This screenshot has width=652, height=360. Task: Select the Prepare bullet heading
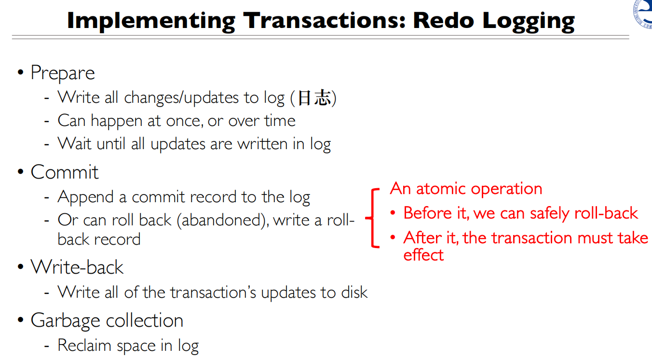pyautogui.click(x=63, y=73)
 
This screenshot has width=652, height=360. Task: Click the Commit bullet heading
pyautogui.click(x=65, y=172)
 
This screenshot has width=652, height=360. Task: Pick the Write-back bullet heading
pyautogui.click(x=77, y=267)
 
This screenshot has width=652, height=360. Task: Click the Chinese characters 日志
pyautogui.click(x=314, y=97)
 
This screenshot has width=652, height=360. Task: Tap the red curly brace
pyautogui.click(x=373, y=218)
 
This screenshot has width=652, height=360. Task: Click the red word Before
pyautogui.click(x=428, y=213)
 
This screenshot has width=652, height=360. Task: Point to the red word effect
pyautogui.click(x=423, y=255)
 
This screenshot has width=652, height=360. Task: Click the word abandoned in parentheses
pyautogui.click(x=223, y=220)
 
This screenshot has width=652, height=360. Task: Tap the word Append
pyautogui.click(x=85, y=197)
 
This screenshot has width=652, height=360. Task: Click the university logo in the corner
pyautogui.click(x=643, y=14)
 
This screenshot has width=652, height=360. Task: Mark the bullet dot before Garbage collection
pyautogui.click(x=20, y=319)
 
